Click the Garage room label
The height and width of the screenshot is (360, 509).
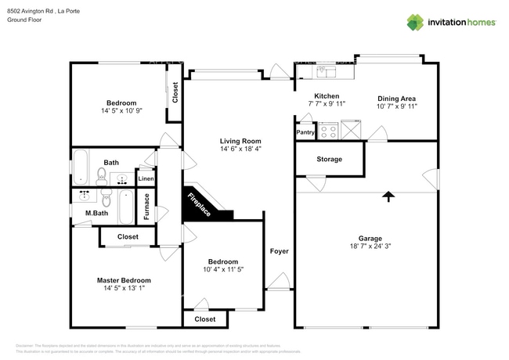370,238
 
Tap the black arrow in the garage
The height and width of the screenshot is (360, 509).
387,197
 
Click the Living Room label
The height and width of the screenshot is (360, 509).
240,140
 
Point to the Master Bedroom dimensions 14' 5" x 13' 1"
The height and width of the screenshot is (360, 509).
124,288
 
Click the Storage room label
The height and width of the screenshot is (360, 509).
329,159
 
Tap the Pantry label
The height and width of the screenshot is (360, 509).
305,132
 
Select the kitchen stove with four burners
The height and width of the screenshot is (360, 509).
327,131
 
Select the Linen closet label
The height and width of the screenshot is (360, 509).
146,179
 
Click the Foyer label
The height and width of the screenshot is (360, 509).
279,251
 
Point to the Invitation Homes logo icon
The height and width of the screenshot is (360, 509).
415,22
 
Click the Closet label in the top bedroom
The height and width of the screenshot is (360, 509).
175,93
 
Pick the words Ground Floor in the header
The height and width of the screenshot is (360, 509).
24,20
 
